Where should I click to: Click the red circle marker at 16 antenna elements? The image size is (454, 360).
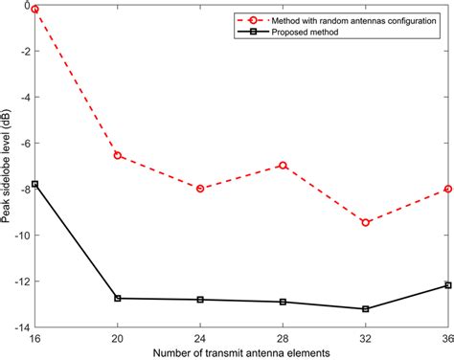(x=35, y=9)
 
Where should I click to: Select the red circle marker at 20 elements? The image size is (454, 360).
(x=118, y=155)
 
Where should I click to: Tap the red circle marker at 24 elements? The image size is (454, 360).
(x=200, y=189)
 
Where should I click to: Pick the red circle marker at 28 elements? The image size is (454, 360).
(x=283, y=165)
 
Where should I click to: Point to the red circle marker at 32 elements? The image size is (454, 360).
(x=365, y=222)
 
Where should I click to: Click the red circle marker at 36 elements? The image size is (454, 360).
(x=447, y=189)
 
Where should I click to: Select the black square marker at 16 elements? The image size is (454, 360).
(x=35, y=184)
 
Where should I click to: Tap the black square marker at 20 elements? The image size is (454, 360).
(x=118, y=298)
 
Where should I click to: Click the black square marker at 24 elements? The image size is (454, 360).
(x=200, y=300)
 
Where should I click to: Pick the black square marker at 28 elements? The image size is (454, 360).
(x=283, y=302)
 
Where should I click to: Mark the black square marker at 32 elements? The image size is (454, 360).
(x=365, y=308)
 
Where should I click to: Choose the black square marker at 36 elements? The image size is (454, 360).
(x=447, y=285)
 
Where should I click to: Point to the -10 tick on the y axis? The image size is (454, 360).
(x=23, y=236)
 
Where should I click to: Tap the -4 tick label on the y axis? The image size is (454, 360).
(x=24, y=97)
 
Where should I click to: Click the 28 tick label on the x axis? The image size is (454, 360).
(x=283, y=338)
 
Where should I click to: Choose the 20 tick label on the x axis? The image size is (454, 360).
(x=118, y=338)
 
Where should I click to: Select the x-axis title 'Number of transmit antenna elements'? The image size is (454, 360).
(x=241, y=352)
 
